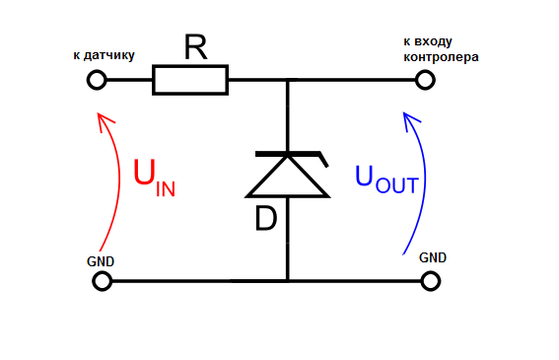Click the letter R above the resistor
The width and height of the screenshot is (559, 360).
(195, 46)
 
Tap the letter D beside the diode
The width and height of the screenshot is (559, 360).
(266, 218)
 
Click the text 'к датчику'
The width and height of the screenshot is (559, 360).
(105, 55)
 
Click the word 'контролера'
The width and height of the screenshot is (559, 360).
(441, 57)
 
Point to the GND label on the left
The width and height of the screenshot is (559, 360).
(101, 261)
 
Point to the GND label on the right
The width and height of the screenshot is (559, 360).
(433, 257)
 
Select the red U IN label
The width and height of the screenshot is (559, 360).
(154, 178)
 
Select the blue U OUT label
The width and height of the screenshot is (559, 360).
(386, 180)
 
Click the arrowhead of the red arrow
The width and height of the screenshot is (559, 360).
(99, 114)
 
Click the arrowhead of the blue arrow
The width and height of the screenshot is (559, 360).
(404, 113)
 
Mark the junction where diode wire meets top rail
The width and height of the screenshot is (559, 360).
(287, 80)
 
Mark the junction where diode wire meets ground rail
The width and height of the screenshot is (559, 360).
(287, 281)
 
